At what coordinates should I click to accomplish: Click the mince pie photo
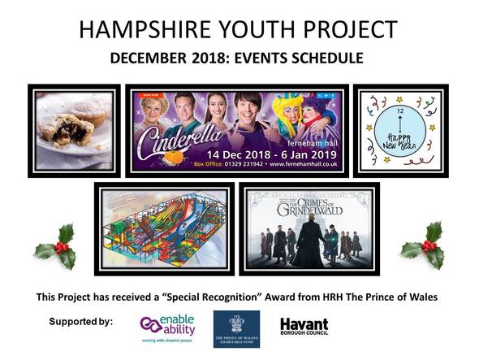point(74,130)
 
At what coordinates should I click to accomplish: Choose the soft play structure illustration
point(164,229)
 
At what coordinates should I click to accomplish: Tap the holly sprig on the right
point(425,245)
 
